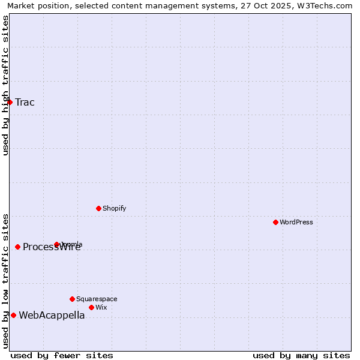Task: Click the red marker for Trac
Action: [10, 102]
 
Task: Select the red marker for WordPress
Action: [275, 222]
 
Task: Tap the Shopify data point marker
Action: [98, 208]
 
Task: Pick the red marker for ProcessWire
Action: [17, 247]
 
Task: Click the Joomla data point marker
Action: [56, 244]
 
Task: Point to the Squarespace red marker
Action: [72, 299]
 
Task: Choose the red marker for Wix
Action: [91, 307]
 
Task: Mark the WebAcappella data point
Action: [13, 315]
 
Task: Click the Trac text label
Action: [25, 102]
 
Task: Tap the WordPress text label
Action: [296, 222]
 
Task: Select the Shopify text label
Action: [114, 208]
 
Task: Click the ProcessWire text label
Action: [52, 247]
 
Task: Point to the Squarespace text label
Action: [97, 299]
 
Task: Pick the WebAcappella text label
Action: [52, 316]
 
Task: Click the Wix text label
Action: [101, 307]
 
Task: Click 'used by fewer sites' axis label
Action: [62, 355]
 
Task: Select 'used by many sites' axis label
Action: [301, 355]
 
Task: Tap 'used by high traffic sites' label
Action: [5, 85]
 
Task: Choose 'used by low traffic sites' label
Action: [5, 280]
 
